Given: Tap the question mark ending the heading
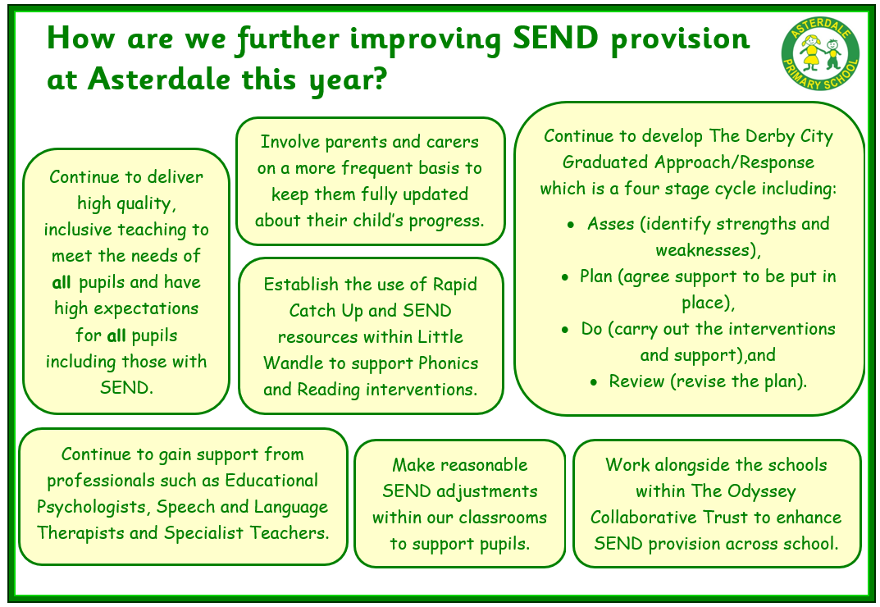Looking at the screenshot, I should pyautogui.click(x=376, y=80).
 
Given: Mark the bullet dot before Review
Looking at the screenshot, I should pyautogui.click(x=594, y=382).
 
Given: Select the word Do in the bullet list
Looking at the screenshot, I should pyautogui.click(x=591, y=329).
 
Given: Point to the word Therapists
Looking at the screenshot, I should pyautogui.click(x=80, y=533).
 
